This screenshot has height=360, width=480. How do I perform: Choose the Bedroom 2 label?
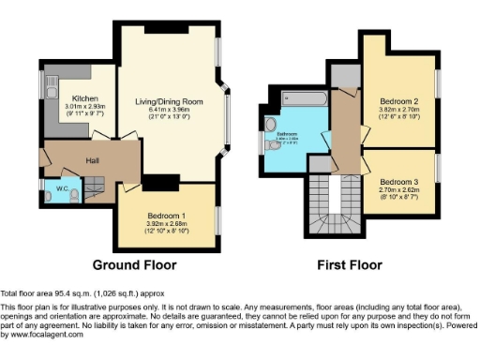[x=398, y=100]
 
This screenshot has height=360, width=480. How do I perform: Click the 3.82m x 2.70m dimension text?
[x=398, y=109]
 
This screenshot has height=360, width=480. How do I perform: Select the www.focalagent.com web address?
[x=43, y=335]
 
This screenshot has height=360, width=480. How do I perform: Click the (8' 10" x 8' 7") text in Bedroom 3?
[x=398, y=197]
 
